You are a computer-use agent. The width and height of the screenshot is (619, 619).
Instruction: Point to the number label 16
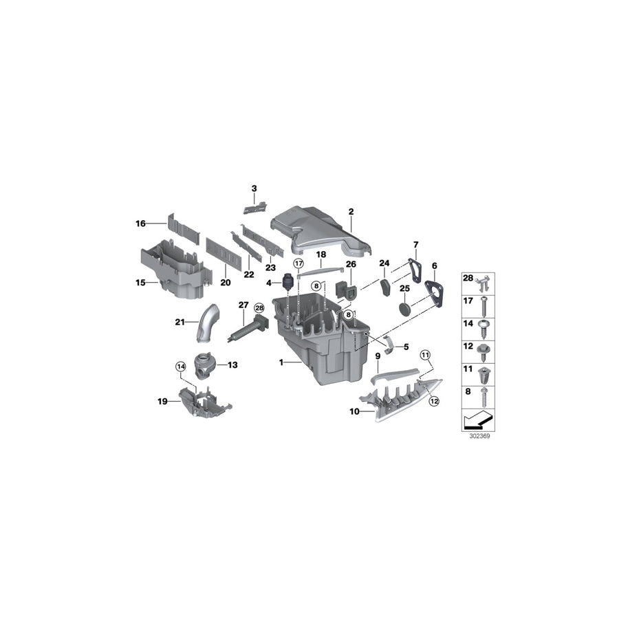pyautogui.click(x=140, y=223)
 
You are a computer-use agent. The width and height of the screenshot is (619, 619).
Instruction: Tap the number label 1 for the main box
pyautogui.click(x=281, y=361)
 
